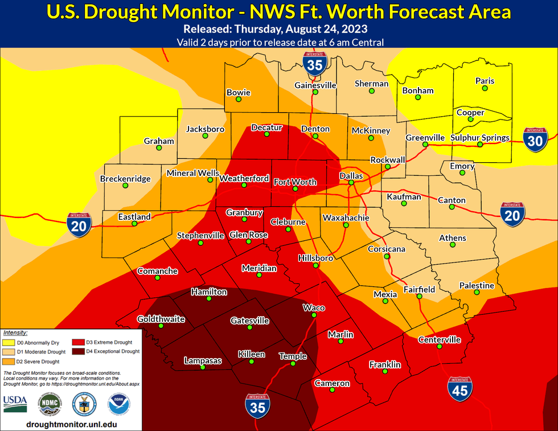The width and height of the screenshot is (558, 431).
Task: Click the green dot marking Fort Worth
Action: pyautogui.click(x=295, y=189)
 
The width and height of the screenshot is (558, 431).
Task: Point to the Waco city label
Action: pyautogui.click(x=314, y=308)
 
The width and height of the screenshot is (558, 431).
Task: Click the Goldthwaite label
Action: pyautogui.click(x=161, y=319)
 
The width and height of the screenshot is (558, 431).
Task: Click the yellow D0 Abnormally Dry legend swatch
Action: pyautogui.click(x=9, y=342)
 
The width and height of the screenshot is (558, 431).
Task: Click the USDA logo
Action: pyautogui.click(x=15, y=403)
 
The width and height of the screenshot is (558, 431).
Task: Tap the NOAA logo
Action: pyautogui.click(x=119, y=403)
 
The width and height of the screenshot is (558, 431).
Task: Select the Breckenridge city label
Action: pyautogui.click(x=125, y=179)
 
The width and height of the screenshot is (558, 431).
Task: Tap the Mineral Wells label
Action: pyautogui.click(x=189, y=173)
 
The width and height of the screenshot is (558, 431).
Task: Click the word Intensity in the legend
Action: pyautogui.click(x=15, y=333)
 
